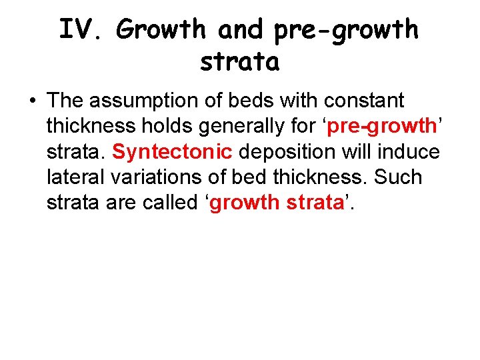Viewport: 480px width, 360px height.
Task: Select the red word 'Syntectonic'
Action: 172,152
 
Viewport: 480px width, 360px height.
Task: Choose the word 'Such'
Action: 399,177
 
